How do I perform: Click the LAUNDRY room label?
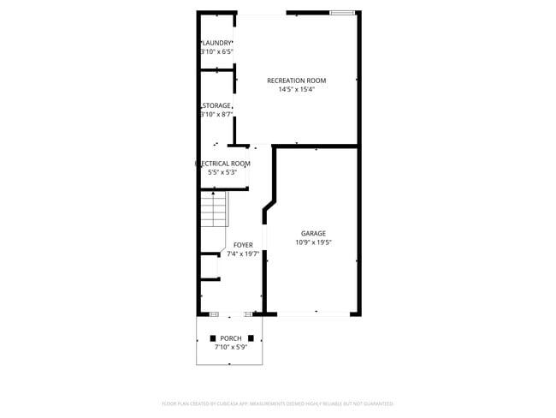click(217, 43)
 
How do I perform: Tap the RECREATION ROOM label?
click(296, 81)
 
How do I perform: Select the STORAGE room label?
click(217, 105)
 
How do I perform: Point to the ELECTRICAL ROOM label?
click(223, 163)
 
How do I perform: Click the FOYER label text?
click(243, 245)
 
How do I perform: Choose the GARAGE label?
click(313, 233)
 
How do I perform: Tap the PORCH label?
click(230, 338)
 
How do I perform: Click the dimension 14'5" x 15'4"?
click(296, 90)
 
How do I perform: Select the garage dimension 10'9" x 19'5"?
click(313, 242)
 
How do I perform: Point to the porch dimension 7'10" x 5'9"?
click(230, 347)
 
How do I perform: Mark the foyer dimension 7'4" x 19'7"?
click(243, 254)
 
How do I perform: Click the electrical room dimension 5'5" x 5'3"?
click(222, 172)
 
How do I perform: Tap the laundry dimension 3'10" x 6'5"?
click(216, 51)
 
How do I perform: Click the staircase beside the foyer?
click(213, 210)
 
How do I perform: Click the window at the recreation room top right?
click(342, 13)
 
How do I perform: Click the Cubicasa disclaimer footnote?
click(277, 403)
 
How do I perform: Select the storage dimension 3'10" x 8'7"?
click(216, 114)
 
